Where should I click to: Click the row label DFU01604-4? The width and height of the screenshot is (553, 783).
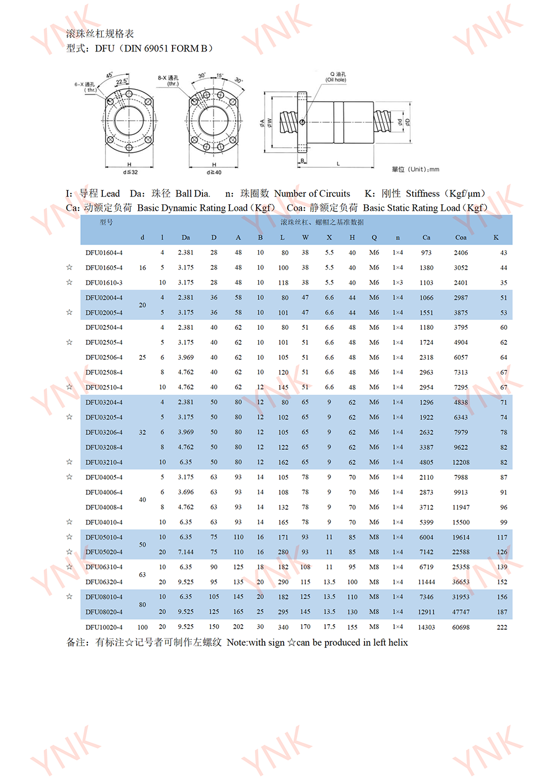click(104, 253)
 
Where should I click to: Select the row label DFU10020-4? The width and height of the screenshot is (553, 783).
click(104, 628)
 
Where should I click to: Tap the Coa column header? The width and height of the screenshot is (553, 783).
click(461, 237)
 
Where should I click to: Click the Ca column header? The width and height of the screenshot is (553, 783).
click(426, 237)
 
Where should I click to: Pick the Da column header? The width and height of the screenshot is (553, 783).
click(186, 237)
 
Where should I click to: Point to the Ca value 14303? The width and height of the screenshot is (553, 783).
click(426, 628)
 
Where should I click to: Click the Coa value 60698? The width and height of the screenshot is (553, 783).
click(461, 628)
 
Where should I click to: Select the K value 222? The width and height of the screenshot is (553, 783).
click(502, 628)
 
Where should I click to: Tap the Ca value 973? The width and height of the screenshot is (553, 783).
click(426, 253)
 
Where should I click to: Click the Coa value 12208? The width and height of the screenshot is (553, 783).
click(461, 463)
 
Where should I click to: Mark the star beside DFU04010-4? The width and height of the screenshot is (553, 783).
click(69, 522)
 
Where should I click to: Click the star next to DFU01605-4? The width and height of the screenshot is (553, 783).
click(69, 267)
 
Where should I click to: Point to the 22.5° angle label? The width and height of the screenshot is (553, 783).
click(121, 82)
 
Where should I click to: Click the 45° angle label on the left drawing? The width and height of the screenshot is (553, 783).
click(109, 75)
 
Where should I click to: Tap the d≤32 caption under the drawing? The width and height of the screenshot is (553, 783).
click(131, 173)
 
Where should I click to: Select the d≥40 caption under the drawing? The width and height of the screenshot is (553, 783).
click(214, 173)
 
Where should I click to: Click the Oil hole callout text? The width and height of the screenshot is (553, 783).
click(336, 80)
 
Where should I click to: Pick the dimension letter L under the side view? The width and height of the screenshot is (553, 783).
click(338, 164)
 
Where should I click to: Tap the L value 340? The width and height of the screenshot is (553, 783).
click(283, 628)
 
